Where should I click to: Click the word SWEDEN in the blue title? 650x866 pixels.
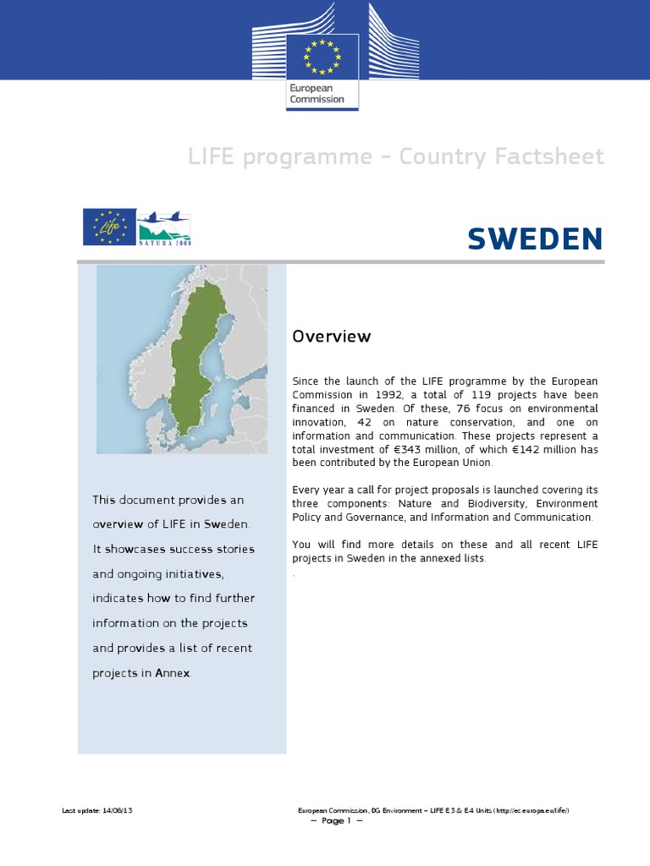535,239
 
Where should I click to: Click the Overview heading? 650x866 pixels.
331,337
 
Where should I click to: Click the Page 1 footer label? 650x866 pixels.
336,820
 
